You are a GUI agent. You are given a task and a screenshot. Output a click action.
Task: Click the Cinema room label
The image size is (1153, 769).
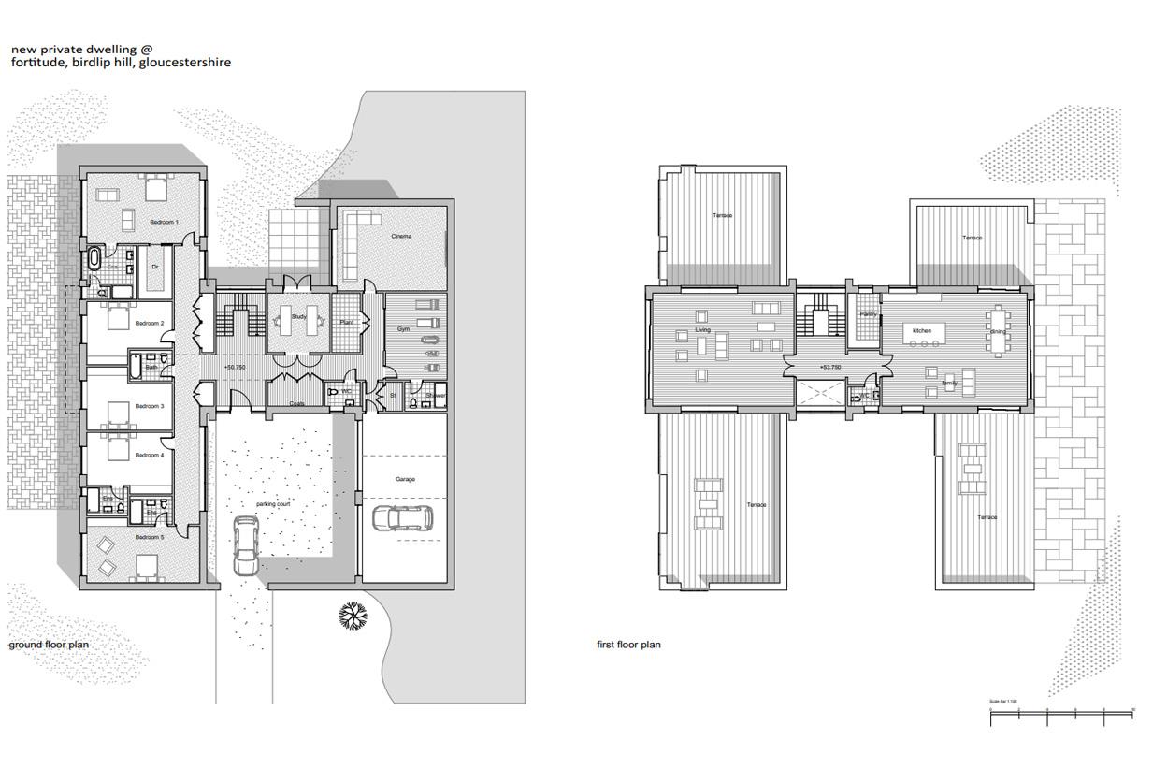pos(401,237)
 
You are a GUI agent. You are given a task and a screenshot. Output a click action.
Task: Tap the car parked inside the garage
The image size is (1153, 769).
pos(402,517)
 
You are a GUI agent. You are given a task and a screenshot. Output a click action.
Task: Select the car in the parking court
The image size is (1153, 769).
pos(246,546)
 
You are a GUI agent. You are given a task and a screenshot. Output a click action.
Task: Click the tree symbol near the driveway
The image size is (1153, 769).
pos(353,616)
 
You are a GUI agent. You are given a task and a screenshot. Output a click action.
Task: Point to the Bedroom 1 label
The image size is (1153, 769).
pos(164,223)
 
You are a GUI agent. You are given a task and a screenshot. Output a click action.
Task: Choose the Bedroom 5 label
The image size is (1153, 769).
pos(149,538)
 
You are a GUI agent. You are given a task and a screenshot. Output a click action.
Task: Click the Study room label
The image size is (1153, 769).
pos(298,317)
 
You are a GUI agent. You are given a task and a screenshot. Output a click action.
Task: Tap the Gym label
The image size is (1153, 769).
pos(403,329)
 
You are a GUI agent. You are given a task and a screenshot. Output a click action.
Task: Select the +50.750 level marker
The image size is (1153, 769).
pos(235,368)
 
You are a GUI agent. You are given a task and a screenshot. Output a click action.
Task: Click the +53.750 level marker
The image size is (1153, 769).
pos(831,368)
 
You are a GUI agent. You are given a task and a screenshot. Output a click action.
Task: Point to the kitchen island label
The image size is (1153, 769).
pos(922,331)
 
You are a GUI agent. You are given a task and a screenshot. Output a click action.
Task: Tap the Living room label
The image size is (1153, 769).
pos(702,330)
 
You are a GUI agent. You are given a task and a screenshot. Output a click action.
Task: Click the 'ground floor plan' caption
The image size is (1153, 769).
pos(49,645)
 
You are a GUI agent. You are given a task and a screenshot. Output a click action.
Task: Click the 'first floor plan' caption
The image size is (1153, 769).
pos(628,645)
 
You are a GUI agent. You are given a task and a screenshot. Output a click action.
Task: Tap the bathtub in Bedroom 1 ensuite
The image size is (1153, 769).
pos(95,258)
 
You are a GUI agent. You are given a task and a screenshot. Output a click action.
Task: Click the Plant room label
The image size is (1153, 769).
pos(345,323)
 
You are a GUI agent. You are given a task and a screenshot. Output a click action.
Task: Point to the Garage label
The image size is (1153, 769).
pos(405,479)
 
